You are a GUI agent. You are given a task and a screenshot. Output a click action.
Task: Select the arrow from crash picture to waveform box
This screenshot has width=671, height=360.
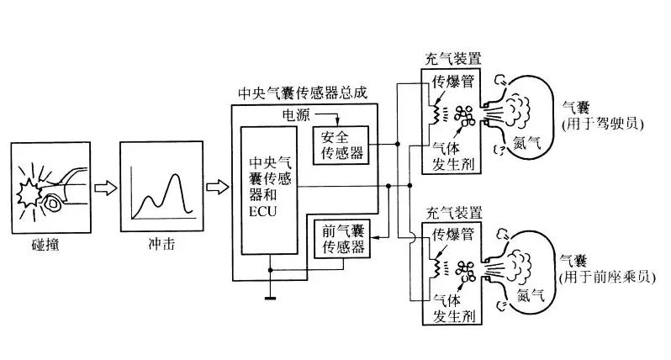point(102,186)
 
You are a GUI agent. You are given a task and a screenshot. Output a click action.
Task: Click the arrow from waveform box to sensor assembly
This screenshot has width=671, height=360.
point(216,186)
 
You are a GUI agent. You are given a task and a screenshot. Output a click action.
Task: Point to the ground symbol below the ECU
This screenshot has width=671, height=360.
point(269,294)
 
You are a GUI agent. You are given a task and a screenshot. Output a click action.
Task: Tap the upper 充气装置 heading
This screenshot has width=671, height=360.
point(454,58)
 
